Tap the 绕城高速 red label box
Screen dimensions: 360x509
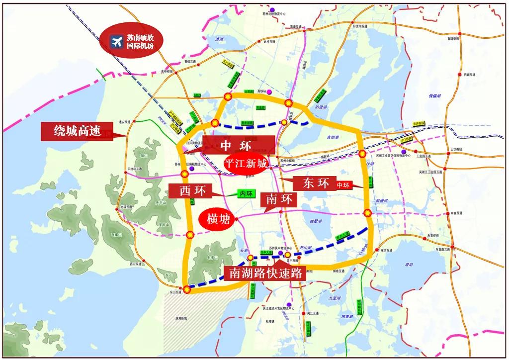(78, 131)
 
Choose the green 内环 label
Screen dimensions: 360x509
(247, 193)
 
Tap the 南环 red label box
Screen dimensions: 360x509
(281, 199)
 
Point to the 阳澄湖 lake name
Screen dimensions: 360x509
(322, 106)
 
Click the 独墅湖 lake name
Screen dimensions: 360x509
(316, 220)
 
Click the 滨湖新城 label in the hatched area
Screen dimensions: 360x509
(181, 318)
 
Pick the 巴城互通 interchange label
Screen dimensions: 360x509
(469, 75)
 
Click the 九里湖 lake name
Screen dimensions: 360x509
(334, 297)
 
